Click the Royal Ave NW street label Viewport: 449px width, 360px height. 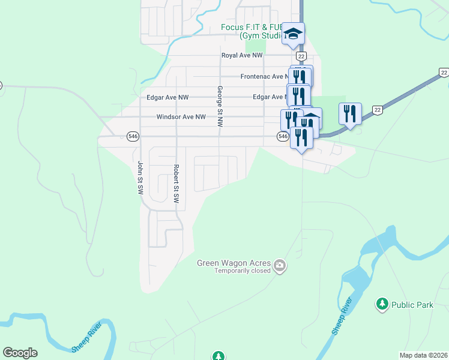(x=242, y=55)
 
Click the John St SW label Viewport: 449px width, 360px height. (x=140, y=177)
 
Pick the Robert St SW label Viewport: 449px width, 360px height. (x=176, y=184)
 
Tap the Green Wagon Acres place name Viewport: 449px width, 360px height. (x=234, y=263)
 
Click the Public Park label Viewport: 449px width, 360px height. (x=412, y=305)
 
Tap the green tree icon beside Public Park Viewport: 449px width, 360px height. (x=382, y=304)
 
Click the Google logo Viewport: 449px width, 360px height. (x=20, y=353)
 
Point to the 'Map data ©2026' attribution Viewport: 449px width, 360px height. (x=424, y=355)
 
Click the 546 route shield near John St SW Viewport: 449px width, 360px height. (x=133, y=137)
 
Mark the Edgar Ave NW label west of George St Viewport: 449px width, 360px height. (x=167, y=97)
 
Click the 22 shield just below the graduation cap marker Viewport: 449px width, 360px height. (x=301, y=56)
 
